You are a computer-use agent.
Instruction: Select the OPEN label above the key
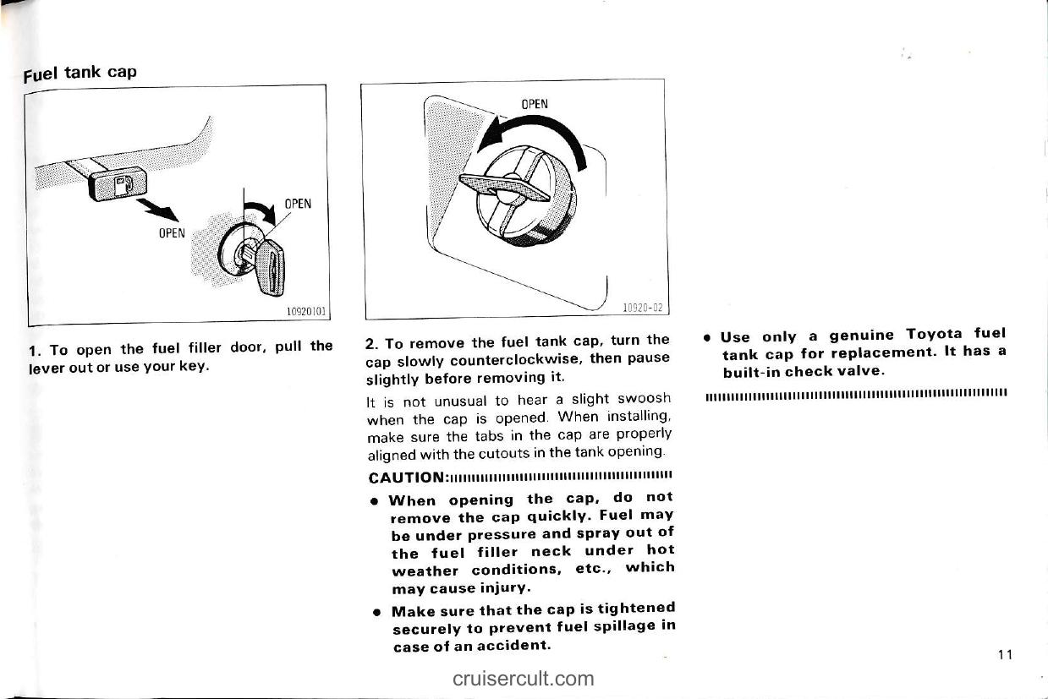pos(298,204)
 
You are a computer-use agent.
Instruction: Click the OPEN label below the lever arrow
pos(171,232)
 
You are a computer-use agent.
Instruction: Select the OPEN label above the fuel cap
pos(534,104)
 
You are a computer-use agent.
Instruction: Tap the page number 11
pos(1005,655)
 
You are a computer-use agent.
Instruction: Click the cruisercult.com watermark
pos(523,678)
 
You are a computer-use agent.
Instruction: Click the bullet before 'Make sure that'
pos(374,610)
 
